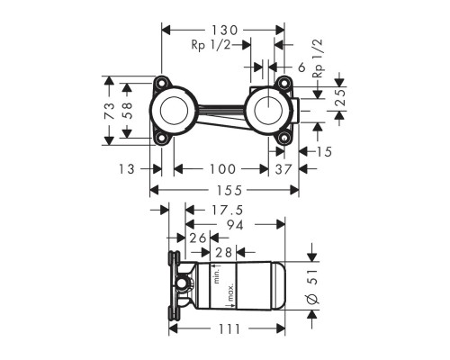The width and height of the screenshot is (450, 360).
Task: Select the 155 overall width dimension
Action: (228, 191)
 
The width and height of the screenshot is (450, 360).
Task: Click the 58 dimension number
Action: (130, 111)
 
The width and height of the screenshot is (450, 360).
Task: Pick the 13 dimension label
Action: (126, 169)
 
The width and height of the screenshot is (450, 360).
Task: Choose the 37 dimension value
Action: (283, 169)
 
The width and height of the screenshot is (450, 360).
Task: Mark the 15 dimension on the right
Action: (323, 152)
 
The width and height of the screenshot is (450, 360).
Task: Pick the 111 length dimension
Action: (230, 329)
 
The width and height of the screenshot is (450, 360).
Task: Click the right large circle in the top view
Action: (269, 112)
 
